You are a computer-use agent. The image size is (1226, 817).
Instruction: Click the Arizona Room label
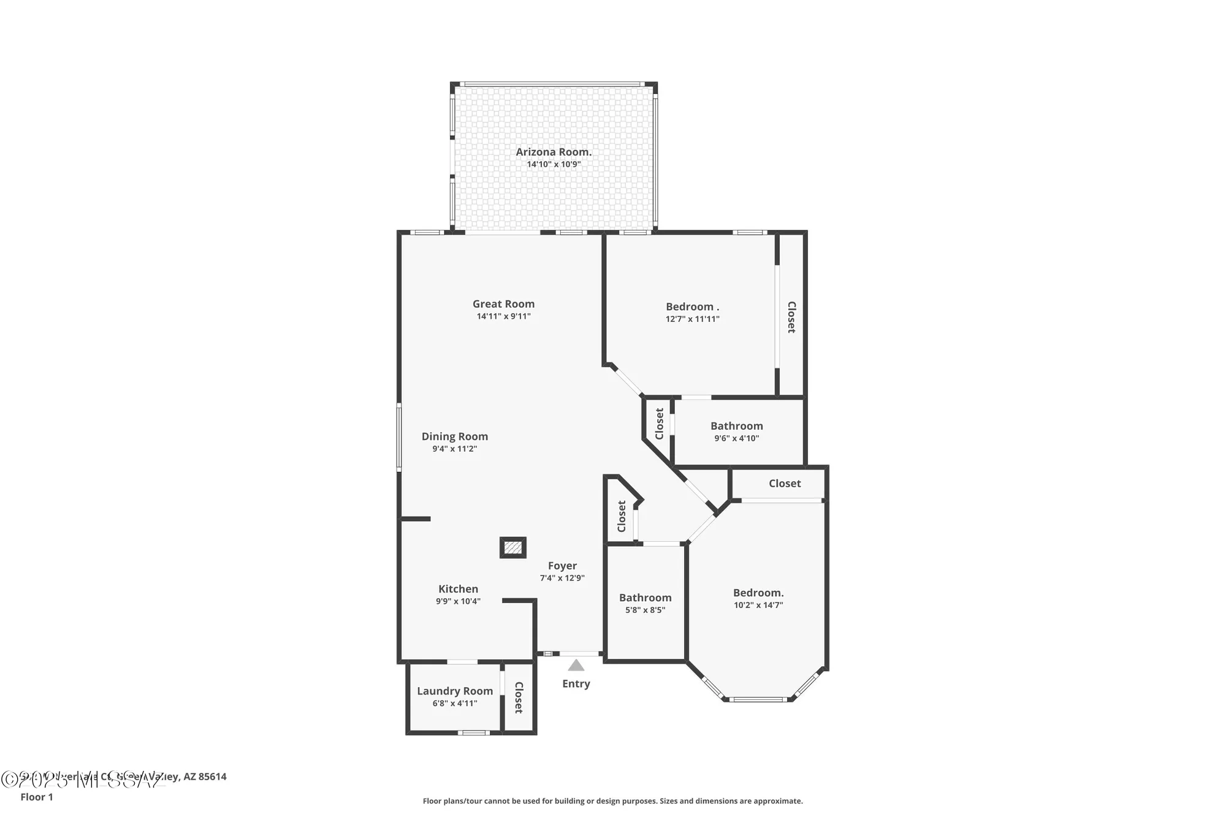pos(554,152)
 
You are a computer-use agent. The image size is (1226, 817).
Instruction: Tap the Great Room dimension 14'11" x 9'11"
pos(503,316)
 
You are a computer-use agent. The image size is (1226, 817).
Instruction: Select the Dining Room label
pos(454,436)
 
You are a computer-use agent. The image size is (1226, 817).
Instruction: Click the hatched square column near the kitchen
pos(513,547)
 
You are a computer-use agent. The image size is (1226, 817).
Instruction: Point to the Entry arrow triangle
pos(576,666)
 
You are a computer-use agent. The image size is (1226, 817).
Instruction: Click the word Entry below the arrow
pos(576,683)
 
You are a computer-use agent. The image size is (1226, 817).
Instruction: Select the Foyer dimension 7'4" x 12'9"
pos(562,578)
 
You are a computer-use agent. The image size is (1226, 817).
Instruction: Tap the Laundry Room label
pos(455,691)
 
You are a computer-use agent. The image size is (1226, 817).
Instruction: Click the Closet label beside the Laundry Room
pos(519,697)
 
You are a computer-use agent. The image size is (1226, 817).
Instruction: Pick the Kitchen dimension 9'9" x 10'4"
pos(458,601)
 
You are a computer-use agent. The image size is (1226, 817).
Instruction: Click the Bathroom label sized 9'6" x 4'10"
pos(736,426)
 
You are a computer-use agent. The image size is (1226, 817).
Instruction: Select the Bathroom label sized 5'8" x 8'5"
pos(645,598)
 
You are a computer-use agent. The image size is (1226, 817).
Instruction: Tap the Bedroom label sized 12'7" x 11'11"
pos(692,306)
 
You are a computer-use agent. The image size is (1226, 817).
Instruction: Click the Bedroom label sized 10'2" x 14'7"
pos(758,593)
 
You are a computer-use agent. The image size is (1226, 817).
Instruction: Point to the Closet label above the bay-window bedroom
pos(785,484)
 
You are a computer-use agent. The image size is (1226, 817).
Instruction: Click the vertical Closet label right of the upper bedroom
pos(791,317)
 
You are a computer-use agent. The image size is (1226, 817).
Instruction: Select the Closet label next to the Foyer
pos(622,516)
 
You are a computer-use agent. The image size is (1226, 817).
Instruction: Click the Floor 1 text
pos(37,797)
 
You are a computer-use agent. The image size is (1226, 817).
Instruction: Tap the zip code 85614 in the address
pos(212,777)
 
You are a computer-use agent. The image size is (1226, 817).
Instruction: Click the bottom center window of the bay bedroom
pos(758,699)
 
